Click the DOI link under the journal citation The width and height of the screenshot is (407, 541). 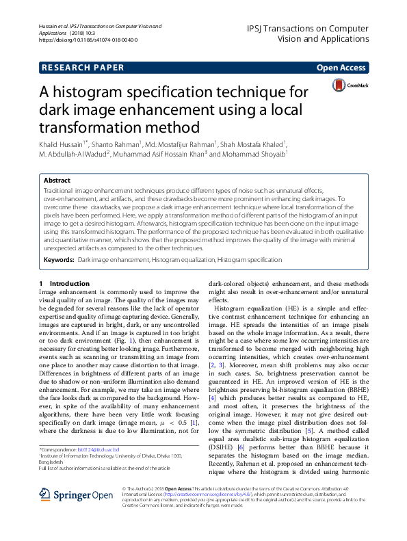coord(88,40)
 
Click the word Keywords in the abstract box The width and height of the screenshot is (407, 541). coord(59,261)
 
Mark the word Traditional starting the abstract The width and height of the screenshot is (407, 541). coord(59,188)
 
